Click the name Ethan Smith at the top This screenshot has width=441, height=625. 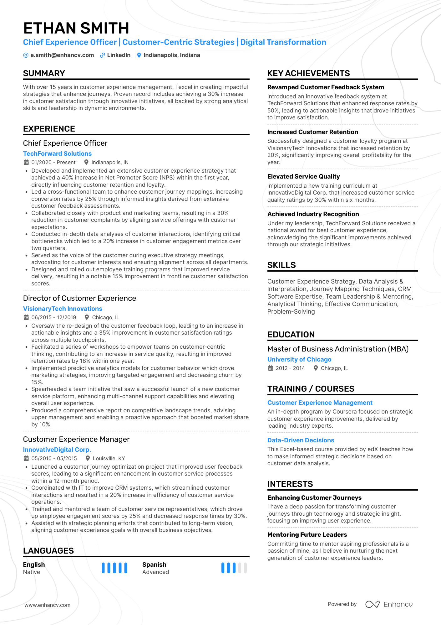tap(76, 28)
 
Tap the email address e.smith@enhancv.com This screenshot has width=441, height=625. tap(62, 55)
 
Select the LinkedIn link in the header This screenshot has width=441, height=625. tap(119, 55)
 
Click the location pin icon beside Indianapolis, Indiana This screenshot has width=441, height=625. tap(139, 55)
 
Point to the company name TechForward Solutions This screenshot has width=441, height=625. tap(57, 154)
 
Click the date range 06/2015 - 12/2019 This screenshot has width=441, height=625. tap(53, 317)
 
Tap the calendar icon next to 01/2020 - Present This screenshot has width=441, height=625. tap(26, 162)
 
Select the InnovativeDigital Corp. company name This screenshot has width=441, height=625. tap(57, 450)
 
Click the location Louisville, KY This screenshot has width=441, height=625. tap(109, 458)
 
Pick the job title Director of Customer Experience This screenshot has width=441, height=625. tap(79, 298)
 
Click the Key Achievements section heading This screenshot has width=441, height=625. tap(308, 73)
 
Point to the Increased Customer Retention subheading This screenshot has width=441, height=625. tap(312, 132)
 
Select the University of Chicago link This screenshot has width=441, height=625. tap(299, 359)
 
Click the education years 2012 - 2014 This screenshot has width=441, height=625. tap(290, 368)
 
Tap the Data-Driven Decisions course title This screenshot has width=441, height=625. tap(301, 440)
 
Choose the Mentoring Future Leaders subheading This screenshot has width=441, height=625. tap(307, 534)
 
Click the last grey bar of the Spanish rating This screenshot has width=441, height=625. tap(245, 568)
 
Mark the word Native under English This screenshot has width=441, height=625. tap(32, 572)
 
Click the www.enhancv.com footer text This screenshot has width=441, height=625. tap(48, 605)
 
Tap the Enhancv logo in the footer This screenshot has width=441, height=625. tap(389, 604)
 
